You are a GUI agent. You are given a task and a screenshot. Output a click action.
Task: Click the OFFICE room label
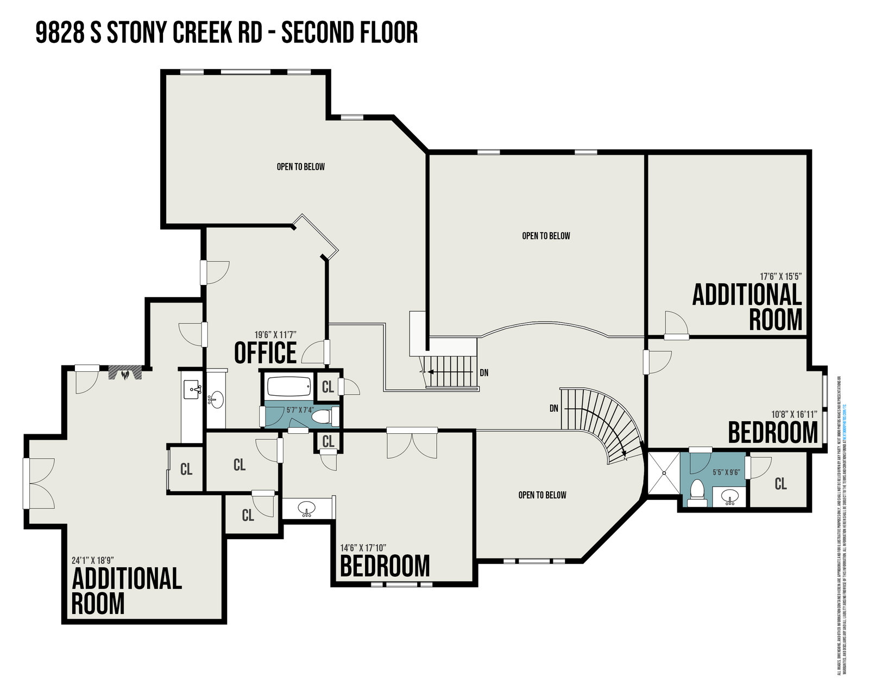(266, 353)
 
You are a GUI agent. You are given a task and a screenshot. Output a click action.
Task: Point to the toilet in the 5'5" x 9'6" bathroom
(696, 491)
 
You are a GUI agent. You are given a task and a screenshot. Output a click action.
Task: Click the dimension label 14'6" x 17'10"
(363, 548)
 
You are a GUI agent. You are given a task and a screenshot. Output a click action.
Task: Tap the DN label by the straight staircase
(484, 373)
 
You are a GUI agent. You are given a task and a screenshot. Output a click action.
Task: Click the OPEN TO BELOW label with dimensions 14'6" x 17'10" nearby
(542, 495)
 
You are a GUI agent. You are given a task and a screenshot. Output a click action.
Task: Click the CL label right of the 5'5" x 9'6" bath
(780, 483)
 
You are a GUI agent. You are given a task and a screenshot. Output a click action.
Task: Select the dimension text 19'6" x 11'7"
(275, 335)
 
